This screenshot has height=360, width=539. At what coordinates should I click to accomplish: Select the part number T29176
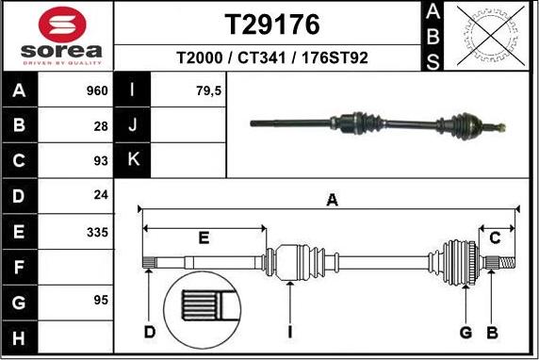[271, 24]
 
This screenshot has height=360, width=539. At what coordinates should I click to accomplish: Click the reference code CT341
[270, 57]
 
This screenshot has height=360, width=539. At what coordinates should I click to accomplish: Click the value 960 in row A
[98, 91]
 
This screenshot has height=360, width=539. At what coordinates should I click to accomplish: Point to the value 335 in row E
[98, 231]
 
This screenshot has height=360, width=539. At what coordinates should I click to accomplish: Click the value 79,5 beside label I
[181, 91]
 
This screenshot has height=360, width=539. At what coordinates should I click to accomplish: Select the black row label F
[19, 267]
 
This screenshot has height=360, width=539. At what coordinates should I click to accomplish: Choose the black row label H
[19, 336]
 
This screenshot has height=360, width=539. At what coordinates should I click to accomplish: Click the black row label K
[132, 160]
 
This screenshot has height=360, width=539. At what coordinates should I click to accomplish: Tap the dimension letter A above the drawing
[331, 199]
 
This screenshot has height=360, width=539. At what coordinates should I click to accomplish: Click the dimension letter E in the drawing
[204, 237]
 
